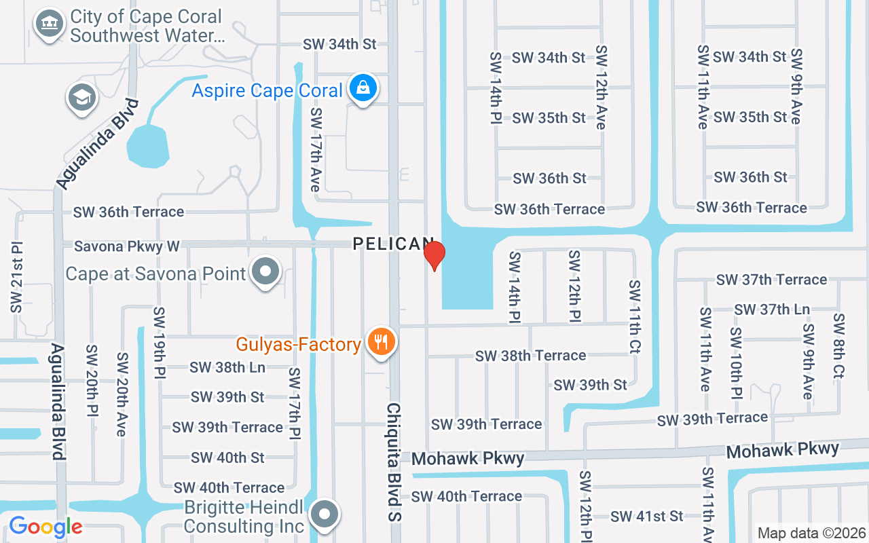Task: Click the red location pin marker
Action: [434, 255]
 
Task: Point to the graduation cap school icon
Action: [82, 98]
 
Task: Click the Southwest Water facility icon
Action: [48, 23]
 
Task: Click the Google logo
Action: [45, 526]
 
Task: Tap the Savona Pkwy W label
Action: [127, 246]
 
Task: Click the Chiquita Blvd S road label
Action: [394, 462]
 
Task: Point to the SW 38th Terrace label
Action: [530, 355]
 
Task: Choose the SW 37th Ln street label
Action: [772, 309]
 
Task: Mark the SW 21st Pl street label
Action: [16, 277]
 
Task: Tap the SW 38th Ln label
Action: [227, 367]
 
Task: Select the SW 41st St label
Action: [646, 517]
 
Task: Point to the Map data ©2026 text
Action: [811, 533]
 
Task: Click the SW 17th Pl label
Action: [294, 405]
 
